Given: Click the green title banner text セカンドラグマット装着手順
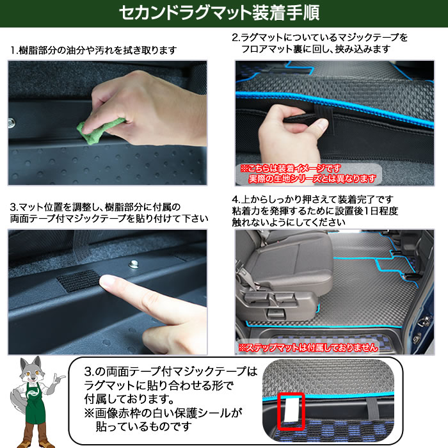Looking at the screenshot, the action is [x=219, y=13].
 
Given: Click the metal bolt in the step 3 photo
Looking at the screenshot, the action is [x=132, y=264].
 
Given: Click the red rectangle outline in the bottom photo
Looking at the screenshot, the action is [x=291, y=412].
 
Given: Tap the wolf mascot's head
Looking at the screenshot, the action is [x=31, y=369].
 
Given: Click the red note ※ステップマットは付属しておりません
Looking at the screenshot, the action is [x=308, y=348].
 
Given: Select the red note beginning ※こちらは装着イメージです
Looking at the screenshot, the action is [x=308, y=173].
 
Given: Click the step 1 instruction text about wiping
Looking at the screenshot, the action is [x=93, y=51].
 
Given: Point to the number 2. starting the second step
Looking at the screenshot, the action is [x=236, y=37].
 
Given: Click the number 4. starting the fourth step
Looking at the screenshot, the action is [x=236, y=199].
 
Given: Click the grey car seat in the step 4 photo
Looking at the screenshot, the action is [x=283, y=271].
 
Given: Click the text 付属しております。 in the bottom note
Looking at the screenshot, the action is [x=129, y=399].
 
